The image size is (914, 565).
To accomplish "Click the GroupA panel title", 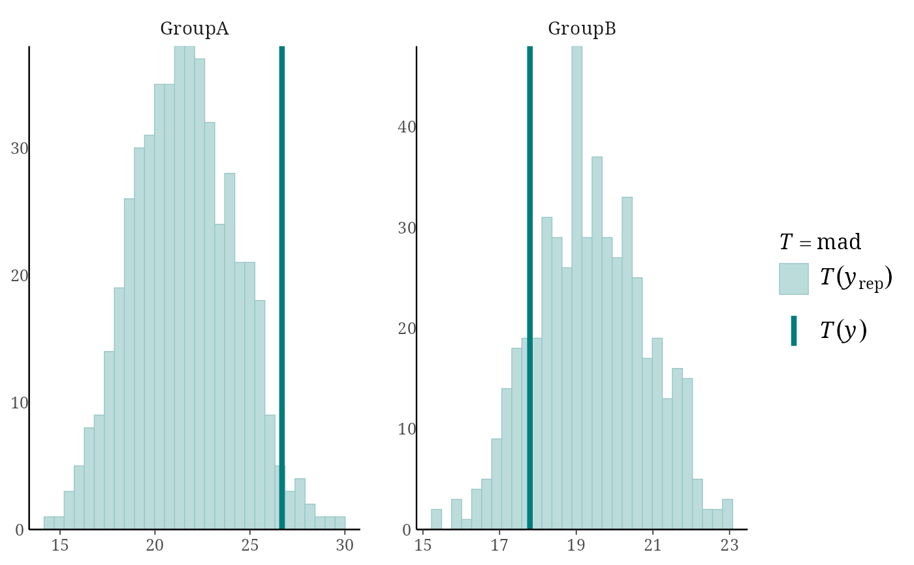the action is tap(195, 29).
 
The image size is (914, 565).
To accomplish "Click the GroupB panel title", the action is tap(582, 29).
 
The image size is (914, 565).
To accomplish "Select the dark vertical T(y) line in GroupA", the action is tap(282, 288).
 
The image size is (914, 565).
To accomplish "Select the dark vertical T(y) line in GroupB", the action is tap(529, 288).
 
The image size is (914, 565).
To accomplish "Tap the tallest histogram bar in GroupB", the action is tap(576, 288).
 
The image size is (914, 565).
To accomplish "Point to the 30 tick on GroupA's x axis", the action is tap(345, 545).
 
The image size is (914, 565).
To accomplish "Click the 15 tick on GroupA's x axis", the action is tap(59, 545).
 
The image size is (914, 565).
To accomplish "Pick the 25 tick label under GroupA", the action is tap(249, 545).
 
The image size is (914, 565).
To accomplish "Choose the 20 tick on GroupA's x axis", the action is tap(155, 545).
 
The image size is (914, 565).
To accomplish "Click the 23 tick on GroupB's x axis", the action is tap(730, 545).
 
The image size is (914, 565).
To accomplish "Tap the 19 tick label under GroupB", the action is tap(576, 545).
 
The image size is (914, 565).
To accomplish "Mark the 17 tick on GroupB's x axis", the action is tap(499, 545).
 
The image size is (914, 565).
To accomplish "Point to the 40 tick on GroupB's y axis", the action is tap(406, 127).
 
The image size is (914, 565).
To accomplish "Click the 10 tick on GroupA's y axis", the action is tap(19, 403).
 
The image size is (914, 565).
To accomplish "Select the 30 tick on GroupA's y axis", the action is tap(19, 148).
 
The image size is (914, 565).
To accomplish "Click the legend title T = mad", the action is tap(820, 242).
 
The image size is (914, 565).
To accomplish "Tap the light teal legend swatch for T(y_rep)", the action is tap(794, 279).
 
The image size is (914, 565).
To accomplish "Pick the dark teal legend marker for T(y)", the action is tap(794, 331).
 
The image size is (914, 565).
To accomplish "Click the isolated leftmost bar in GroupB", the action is tap(436, 519).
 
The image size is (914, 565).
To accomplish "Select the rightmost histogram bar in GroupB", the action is tap(727, 514).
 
